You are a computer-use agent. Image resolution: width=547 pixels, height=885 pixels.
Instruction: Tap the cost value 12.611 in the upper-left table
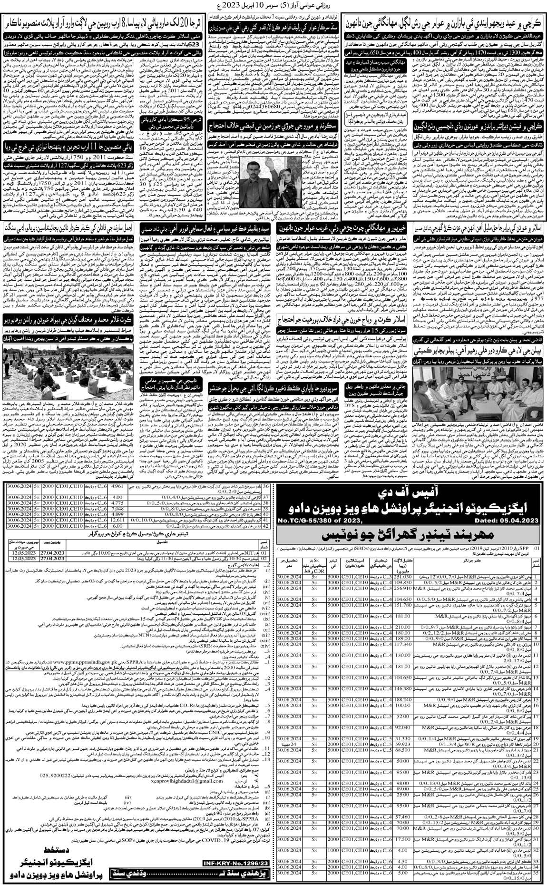click(116, 520)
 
